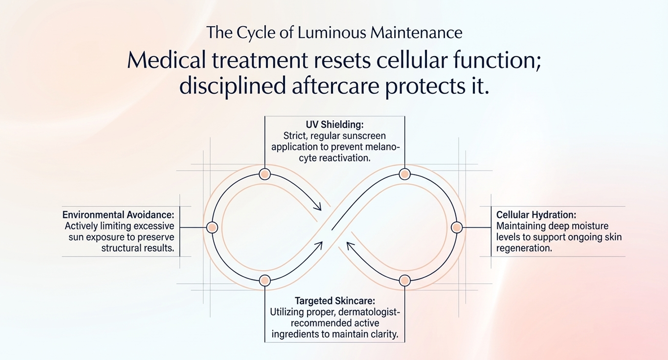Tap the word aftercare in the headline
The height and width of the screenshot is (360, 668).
coord(335,85)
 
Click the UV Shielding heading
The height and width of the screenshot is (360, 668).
coord(335,125)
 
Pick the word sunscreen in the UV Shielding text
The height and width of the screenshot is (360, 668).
coord(364,136)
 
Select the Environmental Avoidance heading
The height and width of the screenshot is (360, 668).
coord(118,215)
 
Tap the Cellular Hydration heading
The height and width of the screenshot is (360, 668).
coord(536,215)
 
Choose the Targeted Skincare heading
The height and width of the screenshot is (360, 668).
coord(335,301)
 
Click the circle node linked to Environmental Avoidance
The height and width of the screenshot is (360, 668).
coord(212,227)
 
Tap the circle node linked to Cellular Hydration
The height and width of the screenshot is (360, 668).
coord(457,227)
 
